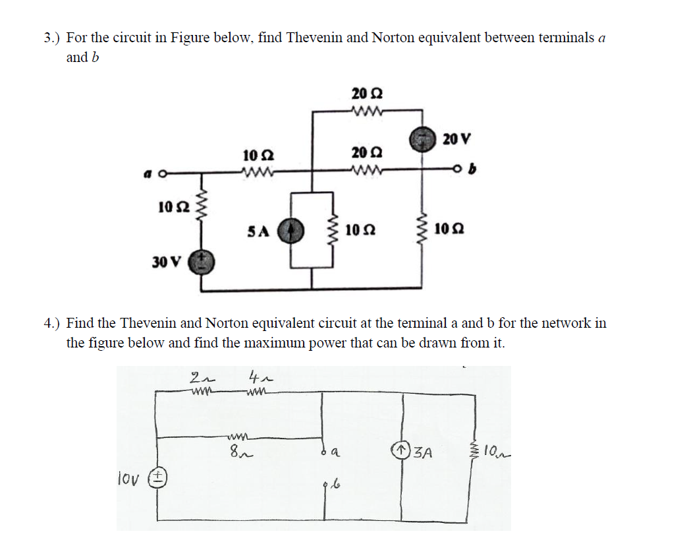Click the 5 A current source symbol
tap(290, 232)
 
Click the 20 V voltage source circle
tap(422, 139)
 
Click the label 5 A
tap(259, 231)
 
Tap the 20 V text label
tap(457, 139)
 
